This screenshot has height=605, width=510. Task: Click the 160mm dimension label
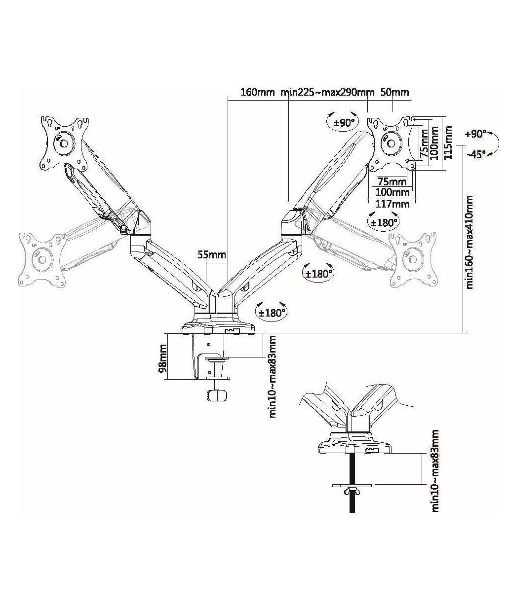[x=257, y=92]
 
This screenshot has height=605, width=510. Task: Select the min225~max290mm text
[x=327, y=92]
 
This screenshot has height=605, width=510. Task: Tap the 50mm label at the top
[x=395, y=92]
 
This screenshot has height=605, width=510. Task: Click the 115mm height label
[x=448, y=142]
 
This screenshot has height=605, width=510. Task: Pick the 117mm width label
[x=393, y=204]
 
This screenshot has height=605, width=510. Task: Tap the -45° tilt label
[x=476, y=154]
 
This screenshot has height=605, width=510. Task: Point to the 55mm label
[x=211, y=255]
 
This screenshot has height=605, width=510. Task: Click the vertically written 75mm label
[x=424, y=143]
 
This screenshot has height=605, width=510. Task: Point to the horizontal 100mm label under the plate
[x=393, y=192]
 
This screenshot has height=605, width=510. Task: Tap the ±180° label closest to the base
[x=271, y=312]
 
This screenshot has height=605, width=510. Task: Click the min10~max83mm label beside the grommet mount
[x=435, y=471]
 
